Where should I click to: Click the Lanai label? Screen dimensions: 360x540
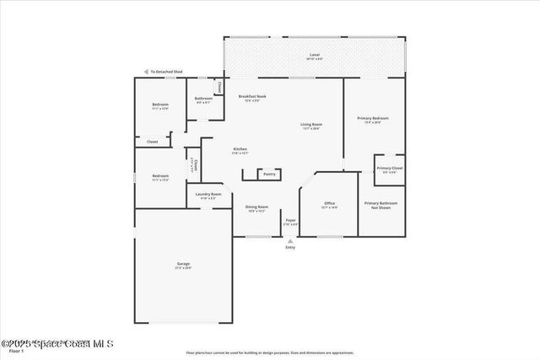[314, 55]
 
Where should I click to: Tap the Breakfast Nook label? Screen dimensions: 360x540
[251, 97]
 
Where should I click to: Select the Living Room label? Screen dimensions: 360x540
[311, 125]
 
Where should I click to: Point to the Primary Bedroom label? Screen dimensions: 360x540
[372, 119]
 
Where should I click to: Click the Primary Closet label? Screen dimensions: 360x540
[389, 168]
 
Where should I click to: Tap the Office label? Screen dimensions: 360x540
[330, 203]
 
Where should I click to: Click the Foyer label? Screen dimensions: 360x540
[290, 221]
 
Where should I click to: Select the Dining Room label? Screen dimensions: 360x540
[256, 207]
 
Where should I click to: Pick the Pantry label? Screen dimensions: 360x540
[269, 174]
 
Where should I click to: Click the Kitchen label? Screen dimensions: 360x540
[240, 149]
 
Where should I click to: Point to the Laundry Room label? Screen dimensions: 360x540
[208, 195]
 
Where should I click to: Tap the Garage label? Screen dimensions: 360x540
[183, 264]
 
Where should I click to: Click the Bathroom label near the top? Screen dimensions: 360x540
[202, 99]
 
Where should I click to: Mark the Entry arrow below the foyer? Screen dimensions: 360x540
[290, 241]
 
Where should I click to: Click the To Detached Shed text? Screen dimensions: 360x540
[168, 72]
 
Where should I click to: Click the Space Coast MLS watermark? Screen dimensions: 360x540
[57, 343]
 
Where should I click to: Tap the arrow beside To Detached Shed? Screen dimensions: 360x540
[146, 72]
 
